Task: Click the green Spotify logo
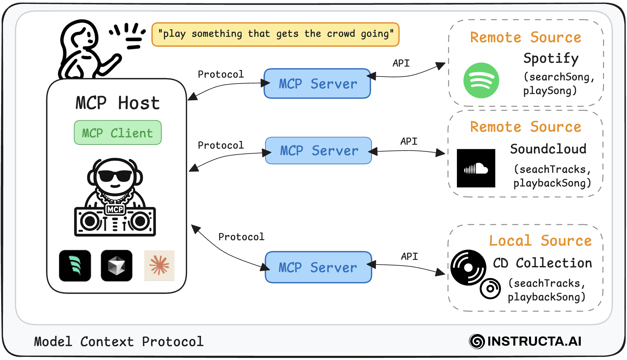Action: tap(481, 80)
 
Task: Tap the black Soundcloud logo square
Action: tap(476, 168)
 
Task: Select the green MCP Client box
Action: tap(118, 133)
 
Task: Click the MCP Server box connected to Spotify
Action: tap(317, 84)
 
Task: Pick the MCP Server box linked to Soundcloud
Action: tap(319, 151)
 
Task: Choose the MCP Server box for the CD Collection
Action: tap(318, 267)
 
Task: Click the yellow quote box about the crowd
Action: tap(275, 34)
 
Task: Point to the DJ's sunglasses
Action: tap(115, 176)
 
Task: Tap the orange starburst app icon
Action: tap(159, 265)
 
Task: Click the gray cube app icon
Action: tap(117, 265)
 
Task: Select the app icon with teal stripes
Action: tap(75, 265)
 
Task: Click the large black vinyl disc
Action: tap(468, 268)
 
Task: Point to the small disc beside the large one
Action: tap(490, 288)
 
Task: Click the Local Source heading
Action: tap(540, 240)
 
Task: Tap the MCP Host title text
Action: tap(118, 103)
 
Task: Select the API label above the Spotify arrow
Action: tap(401, 63)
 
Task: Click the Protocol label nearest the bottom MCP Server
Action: tap(241, 237)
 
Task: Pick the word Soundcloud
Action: tap(548, 149)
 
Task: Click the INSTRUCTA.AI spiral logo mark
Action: tap(477, 341)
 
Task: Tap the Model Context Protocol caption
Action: tap(119, 342)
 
